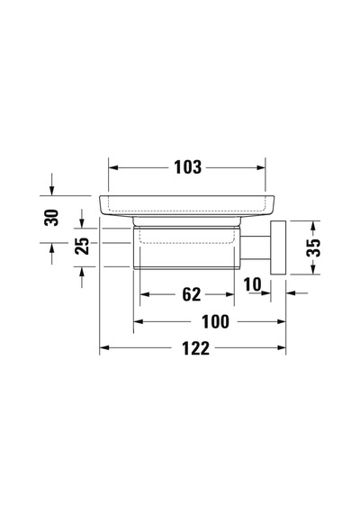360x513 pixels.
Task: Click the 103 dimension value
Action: [187, 167]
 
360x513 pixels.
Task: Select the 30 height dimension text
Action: [51, 218]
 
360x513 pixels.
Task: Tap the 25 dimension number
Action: [82, 246]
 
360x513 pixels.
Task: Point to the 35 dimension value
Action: [313, 247]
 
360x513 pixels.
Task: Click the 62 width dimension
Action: [192, 294]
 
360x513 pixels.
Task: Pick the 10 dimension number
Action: [252, 284]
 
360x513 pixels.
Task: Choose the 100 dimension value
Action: [215, 322]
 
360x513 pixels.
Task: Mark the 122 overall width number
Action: [195, 348]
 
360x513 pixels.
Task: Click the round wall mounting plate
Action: [278, 247]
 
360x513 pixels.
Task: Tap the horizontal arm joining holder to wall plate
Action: [256, 247]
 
